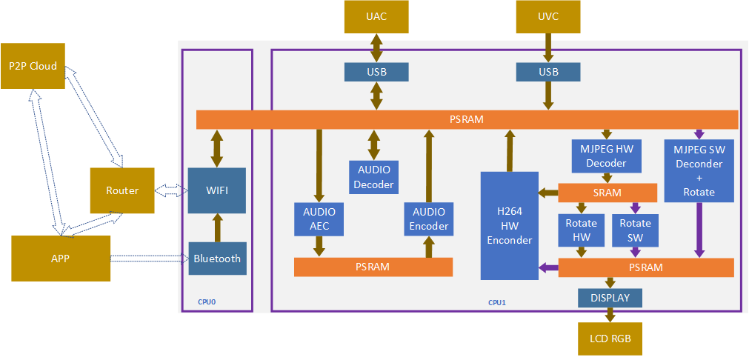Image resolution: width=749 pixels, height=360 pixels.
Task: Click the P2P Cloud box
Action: (33, 66)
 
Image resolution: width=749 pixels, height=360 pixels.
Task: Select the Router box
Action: (121, 190)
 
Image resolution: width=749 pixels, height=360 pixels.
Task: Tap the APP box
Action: (61, 259)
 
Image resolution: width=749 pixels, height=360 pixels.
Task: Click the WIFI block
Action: (216, 190)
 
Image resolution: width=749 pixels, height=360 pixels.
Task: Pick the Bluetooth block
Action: (216, 259)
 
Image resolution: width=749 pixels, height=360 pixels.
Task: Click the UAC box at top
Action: (376, 16)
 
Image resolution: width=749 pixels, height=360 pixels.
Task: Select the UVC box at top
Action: (548, 16)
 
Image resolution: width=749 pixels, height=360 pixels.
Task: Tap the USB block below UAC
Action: (376, 72)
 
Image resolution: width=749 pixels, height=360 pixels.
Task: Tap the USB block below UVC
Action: (548, 72)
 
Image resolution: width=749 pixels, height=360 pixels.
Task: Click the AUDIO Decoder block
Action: (373, 177)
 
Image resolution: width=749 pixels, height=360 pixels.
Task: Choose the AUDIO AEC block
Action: (319, 219)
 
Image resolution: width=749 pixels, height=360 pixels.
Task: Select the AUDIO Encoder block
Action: (428, 219)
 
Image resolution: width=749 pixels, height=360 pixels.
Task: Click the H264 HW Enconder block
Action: (509, 226)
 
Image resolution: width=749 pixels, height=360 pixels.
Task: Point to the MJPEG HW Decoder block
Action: (606, 156)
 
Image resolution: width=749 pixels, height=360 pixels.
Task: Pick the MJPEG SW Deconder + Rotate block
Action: (699, 170)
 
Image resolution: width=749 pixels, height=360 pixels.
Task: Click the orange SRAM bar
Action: (607, 193)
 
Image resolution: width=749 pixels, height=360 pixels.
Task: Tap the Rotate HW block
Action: (581, 229)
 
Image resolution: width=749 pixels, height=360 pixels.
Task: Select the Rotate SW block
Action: (635, 229)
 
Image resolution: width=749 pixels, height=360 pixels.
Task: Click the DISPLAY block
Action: (610, 298)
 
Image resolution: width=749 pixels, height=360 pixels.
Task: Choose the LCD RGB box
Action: (610, 339)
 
